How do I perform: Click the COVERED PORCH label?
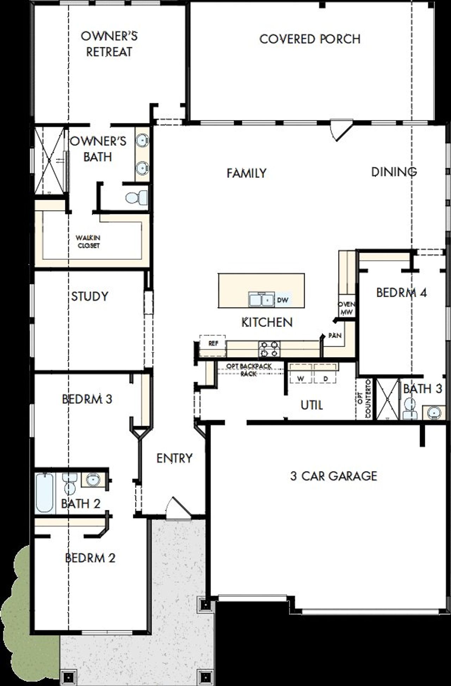click(310, 39)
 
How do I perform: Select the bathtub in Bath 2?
click(45, 492)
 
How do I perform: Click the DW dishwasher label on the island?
click(283, 300)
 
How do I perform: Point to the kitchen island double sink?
click(261, 300)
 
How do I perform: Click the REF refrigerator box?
click(213, 343)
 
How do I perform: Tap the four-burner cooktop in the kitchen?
click(270, 349)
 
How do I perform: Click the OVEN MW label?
click(346, 308)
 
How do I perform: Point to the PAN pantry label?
click(335, 335)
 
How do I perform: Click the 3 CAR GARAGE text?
click(333, 476)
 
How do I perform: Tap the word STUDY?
click(89, 296)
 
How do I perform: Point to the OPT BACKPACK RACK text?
click(249, 370)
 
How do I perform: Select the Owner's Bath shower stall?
click(49, 160)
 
